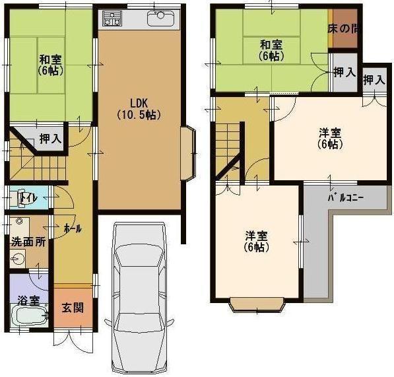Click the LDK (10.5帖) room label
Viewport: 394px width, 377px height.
[x=139, y=108]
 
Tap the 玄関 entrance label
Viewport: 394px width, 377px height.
[x=72, y=308]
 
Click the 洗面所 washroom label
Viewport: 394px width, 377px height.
[x=28, y=242]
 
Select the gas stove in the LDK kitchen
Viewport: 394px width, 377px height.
[x=110, y=20]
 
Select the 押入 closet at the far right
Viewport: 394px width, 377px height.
[x=374, y=81]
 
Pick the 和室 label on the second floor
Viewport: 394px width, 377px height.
[x=271, y=50]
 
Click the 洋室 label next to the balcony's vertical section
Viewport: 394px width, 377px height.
[x=257, y=241]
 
